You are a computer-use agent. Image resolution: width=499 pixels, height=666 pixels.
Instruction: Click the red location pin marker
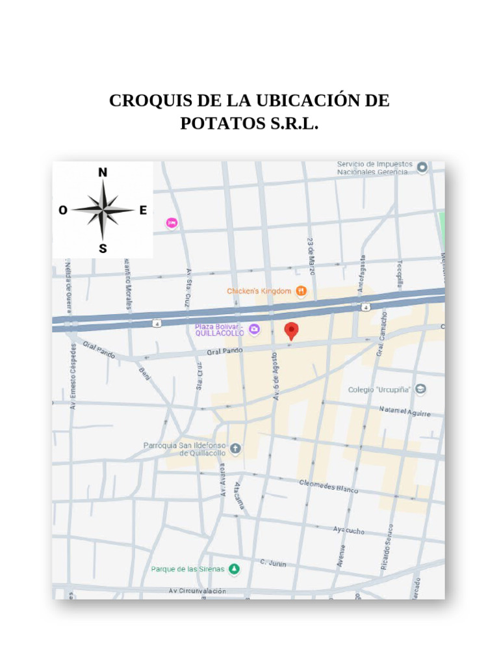click(x=292, y=330)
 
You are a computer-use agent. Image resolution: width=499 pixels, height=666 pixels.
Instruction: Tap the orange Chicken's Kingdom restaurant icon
click(x=301, y=291)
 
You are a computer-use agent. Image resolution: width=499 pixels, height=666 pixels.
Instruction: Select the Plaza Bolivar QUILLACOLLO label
click(x=220, y=329)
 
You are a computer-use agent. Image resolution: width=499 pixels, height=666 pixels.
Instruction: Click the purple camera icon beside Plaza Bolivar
click(x=255, y=329)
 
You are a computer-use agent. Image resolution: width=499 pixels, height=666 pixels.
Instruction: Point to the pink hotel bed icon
click(x=172, y=223)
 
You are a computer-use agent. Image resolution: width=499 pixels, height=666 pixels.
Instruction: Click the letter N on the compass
click(x=103, y=172)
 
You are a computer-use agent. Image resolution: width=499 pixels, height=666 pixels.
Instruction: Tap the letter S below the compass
click(x=103, y=248)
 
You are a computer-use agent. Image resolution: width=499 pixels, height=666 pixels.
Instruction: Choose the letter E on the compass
click(x=143, y=210)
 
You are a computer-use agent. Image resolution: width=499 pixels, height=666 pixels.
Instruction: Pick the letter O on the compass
click(x=62, y=210)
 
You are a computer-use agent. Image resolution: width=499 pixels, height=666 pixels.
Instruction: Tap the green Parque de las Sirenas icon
click(x=234, y=569)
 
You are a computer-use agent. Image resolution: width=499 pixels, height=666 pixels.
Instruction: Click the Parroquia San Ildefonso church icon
click(x=235, y=448)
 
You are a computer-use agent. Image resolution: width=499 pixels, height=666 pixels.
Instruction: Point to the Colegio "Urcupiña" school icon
click(x=421, y=390)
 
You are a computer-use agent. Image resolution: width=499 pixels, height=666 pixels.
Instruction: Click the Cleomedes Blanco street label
click(x=328, y=486)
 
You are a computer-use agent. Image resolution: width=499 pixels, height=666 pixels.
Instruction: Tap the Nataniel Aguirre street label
click(x=405, y=411)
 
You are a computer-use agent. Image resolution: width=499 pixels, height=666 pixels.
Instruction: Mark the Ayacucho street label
click(x=349, y=530)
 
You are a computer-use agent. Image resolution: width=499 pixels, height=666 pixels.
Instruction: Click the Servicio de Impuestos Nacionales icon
click(x=422, y=168)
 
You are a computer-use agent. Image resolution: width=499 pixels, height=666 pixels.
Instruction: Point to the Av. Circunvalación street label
click(x=198, y=591)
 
